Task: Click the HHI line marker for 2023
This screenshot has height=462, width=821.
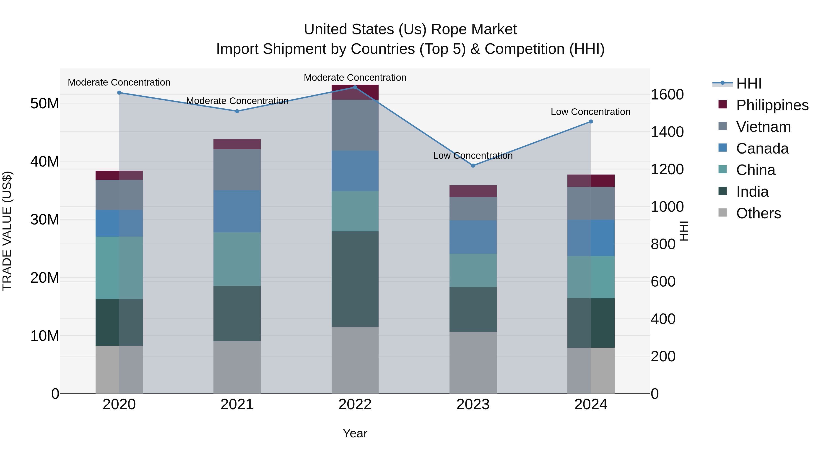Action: [x=473, y=165]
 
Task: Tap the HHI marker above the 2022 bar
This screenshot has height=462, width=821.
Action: [x=355, y=87]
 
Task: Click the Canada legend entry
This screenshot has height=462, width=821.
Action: [x=762, y=148]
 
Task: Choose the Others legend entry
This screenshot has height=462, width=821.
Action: [x=758, y=213]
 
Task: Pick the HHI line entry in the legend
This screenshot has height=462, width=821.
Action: [x=749, y=83]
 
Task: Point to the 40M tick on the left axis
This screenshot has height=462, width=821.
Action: [x=45, y=161]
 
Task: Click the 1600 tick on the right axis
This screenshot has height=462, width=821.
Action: [x=667, y=94]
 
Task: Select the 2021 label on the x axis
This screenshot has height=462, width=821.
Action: [x=237, y=404]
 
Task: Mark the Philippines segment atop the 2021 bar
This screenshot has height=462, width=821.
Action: [x=237, y=144]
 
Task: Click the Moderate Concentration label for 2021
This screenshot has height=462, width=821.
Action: [x=237, y=101]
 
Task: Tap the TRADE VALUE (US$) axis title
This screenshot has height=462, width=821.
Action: [x=7, y=231]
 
